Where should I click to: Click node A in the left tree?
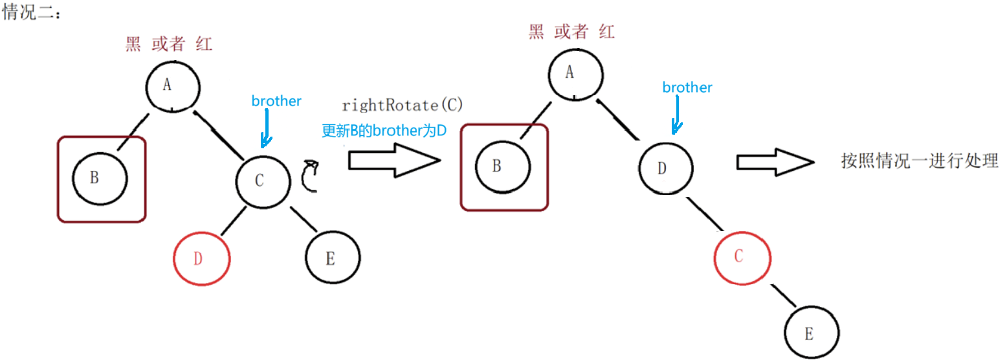click(172, 85)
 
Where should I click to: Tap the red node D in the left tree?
click(201, 258)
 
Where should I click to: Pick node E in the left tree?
click(331, 258)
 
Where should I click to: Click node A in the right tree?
click(575, 73)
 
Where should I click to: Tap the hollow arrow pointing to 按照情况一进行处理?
click(774, 161)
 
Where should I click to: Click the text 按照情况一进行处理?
click(920, 161)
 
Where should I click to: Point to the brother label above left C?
click(276, 101)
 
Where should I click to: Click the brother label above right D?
click(687, 87)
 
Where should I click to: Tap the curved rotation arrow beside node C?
click(311, 177)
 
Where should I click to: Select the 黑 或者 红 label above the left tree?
click(169, 45)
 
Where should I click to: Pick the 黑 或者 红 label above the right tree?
click(571, 32)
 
